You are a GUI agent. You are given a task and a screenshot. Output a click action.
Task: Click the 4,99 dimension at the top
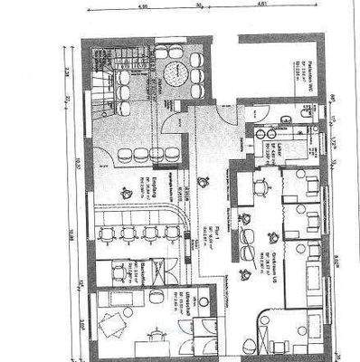[x=142, y=5]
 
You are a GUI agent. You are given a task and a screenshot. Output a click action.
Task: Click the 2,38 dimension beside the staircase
[x=69, y=65]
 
